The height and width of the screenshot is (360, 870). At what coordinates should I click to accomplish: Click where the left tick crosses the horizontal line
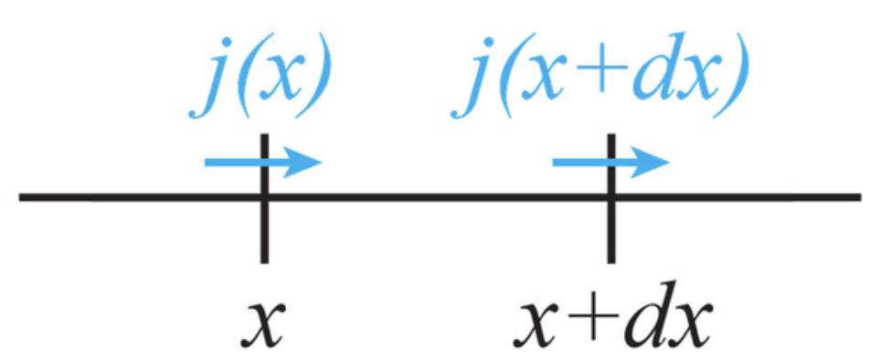[x=263, y=196]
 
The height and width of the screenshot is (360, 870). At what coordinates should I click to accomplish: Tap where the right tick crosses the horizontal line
[x=611, y=196]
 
